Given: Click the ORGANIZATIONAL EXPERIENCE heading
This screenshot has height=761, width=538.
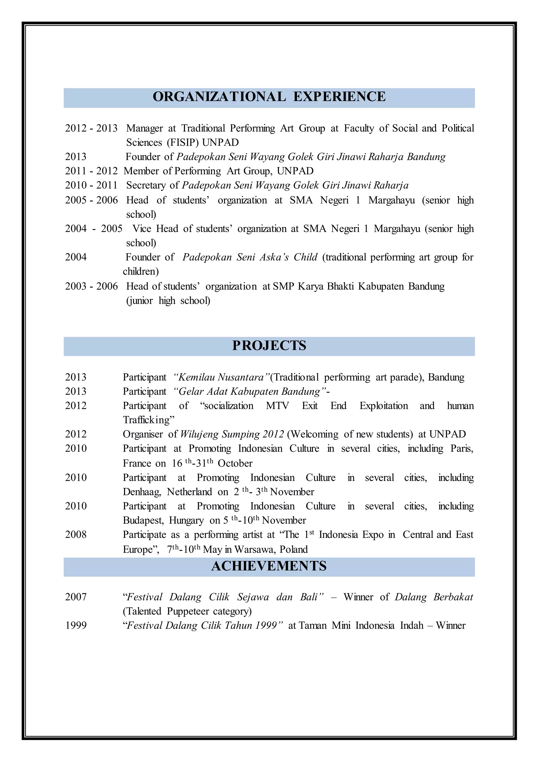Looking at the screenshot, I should point(269,97).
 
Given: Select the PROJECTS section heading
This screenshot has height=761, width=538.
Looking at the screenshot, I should point(269,346).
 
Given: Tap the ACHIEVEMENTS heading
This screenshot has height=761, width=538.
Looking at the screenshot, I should point(269,566).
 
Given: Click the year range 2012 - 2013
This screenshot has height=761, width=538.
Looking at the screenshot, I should point(91,128).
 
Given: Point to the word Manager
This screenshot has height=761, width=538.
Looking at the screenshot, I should point(144,128).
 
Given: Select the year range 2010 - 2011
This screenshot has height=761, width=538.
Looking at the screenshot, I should point(91,185).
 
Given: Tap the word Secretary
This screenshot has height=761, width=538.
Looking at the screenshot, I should point(146,185).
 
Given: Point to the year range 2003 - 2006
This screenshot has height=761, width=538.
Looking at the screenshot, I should point(91,286).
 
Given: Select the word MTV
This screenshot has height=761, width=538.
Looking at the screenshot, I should point(277,406).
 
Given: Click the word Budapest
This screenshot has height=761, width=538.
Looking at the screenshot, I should point(143,520).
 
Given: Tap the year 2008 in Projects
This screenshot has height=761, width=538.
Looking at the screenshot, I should point(76,535).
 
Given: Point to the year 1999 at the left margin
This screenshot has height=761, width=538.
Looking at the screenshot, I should point(76,625).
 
